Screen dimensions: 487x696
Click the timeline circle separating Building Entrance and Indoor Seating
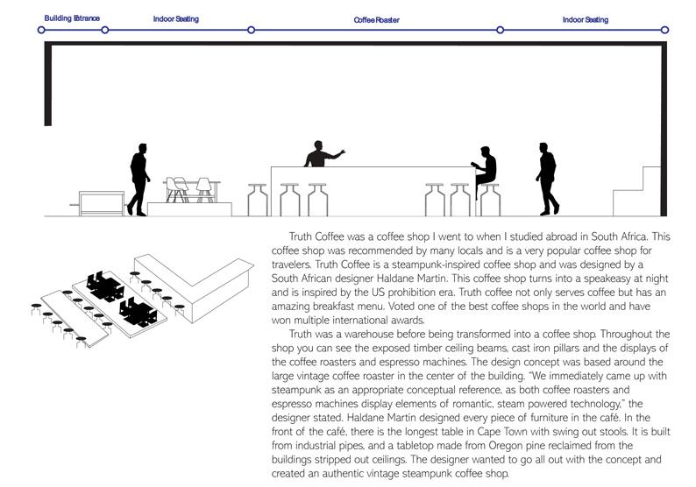105,30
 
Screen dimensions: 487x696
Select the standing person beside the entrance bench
139,178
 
